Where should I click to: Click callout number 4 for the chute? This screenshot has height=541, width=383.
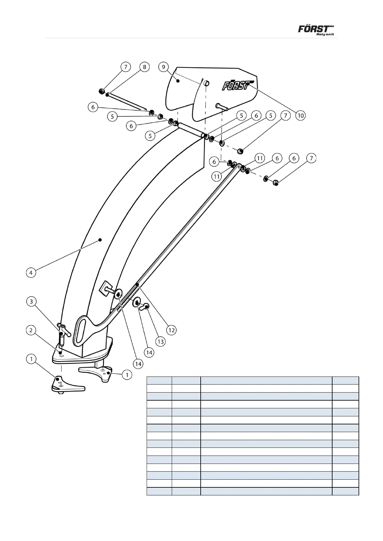pyautogui.click(x=31, y=273)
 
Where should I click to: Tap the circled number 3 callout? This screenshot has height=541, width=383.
pyautogui.click(x=31, y=301)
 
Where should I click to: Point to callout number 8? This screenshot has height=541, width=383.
pyautogui.click(x=144, y=67)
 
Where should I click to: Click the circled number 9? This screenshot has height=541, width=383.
pyautogui.click(x=164, y=67)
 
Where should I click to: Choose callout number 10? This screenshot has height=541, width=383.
pyautogui.click(x=300, y=115)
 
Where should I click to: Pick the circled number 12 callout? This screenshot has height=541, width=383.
pyautogui.click(x=171, y=330)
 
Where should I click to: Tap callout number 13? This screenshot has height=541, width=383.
pyautogui.click(x=160, y=341)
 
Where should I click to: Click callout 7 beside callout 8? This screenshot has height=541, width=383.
pyautogui.click(x=126, y=67)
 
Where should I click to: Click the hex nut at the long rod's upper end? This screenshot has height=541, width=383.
pyautogui.click(x=101, y=91)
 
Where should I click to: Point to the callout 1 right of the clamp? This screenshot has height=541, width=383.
pyautogui.click(x=127, y=375)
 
